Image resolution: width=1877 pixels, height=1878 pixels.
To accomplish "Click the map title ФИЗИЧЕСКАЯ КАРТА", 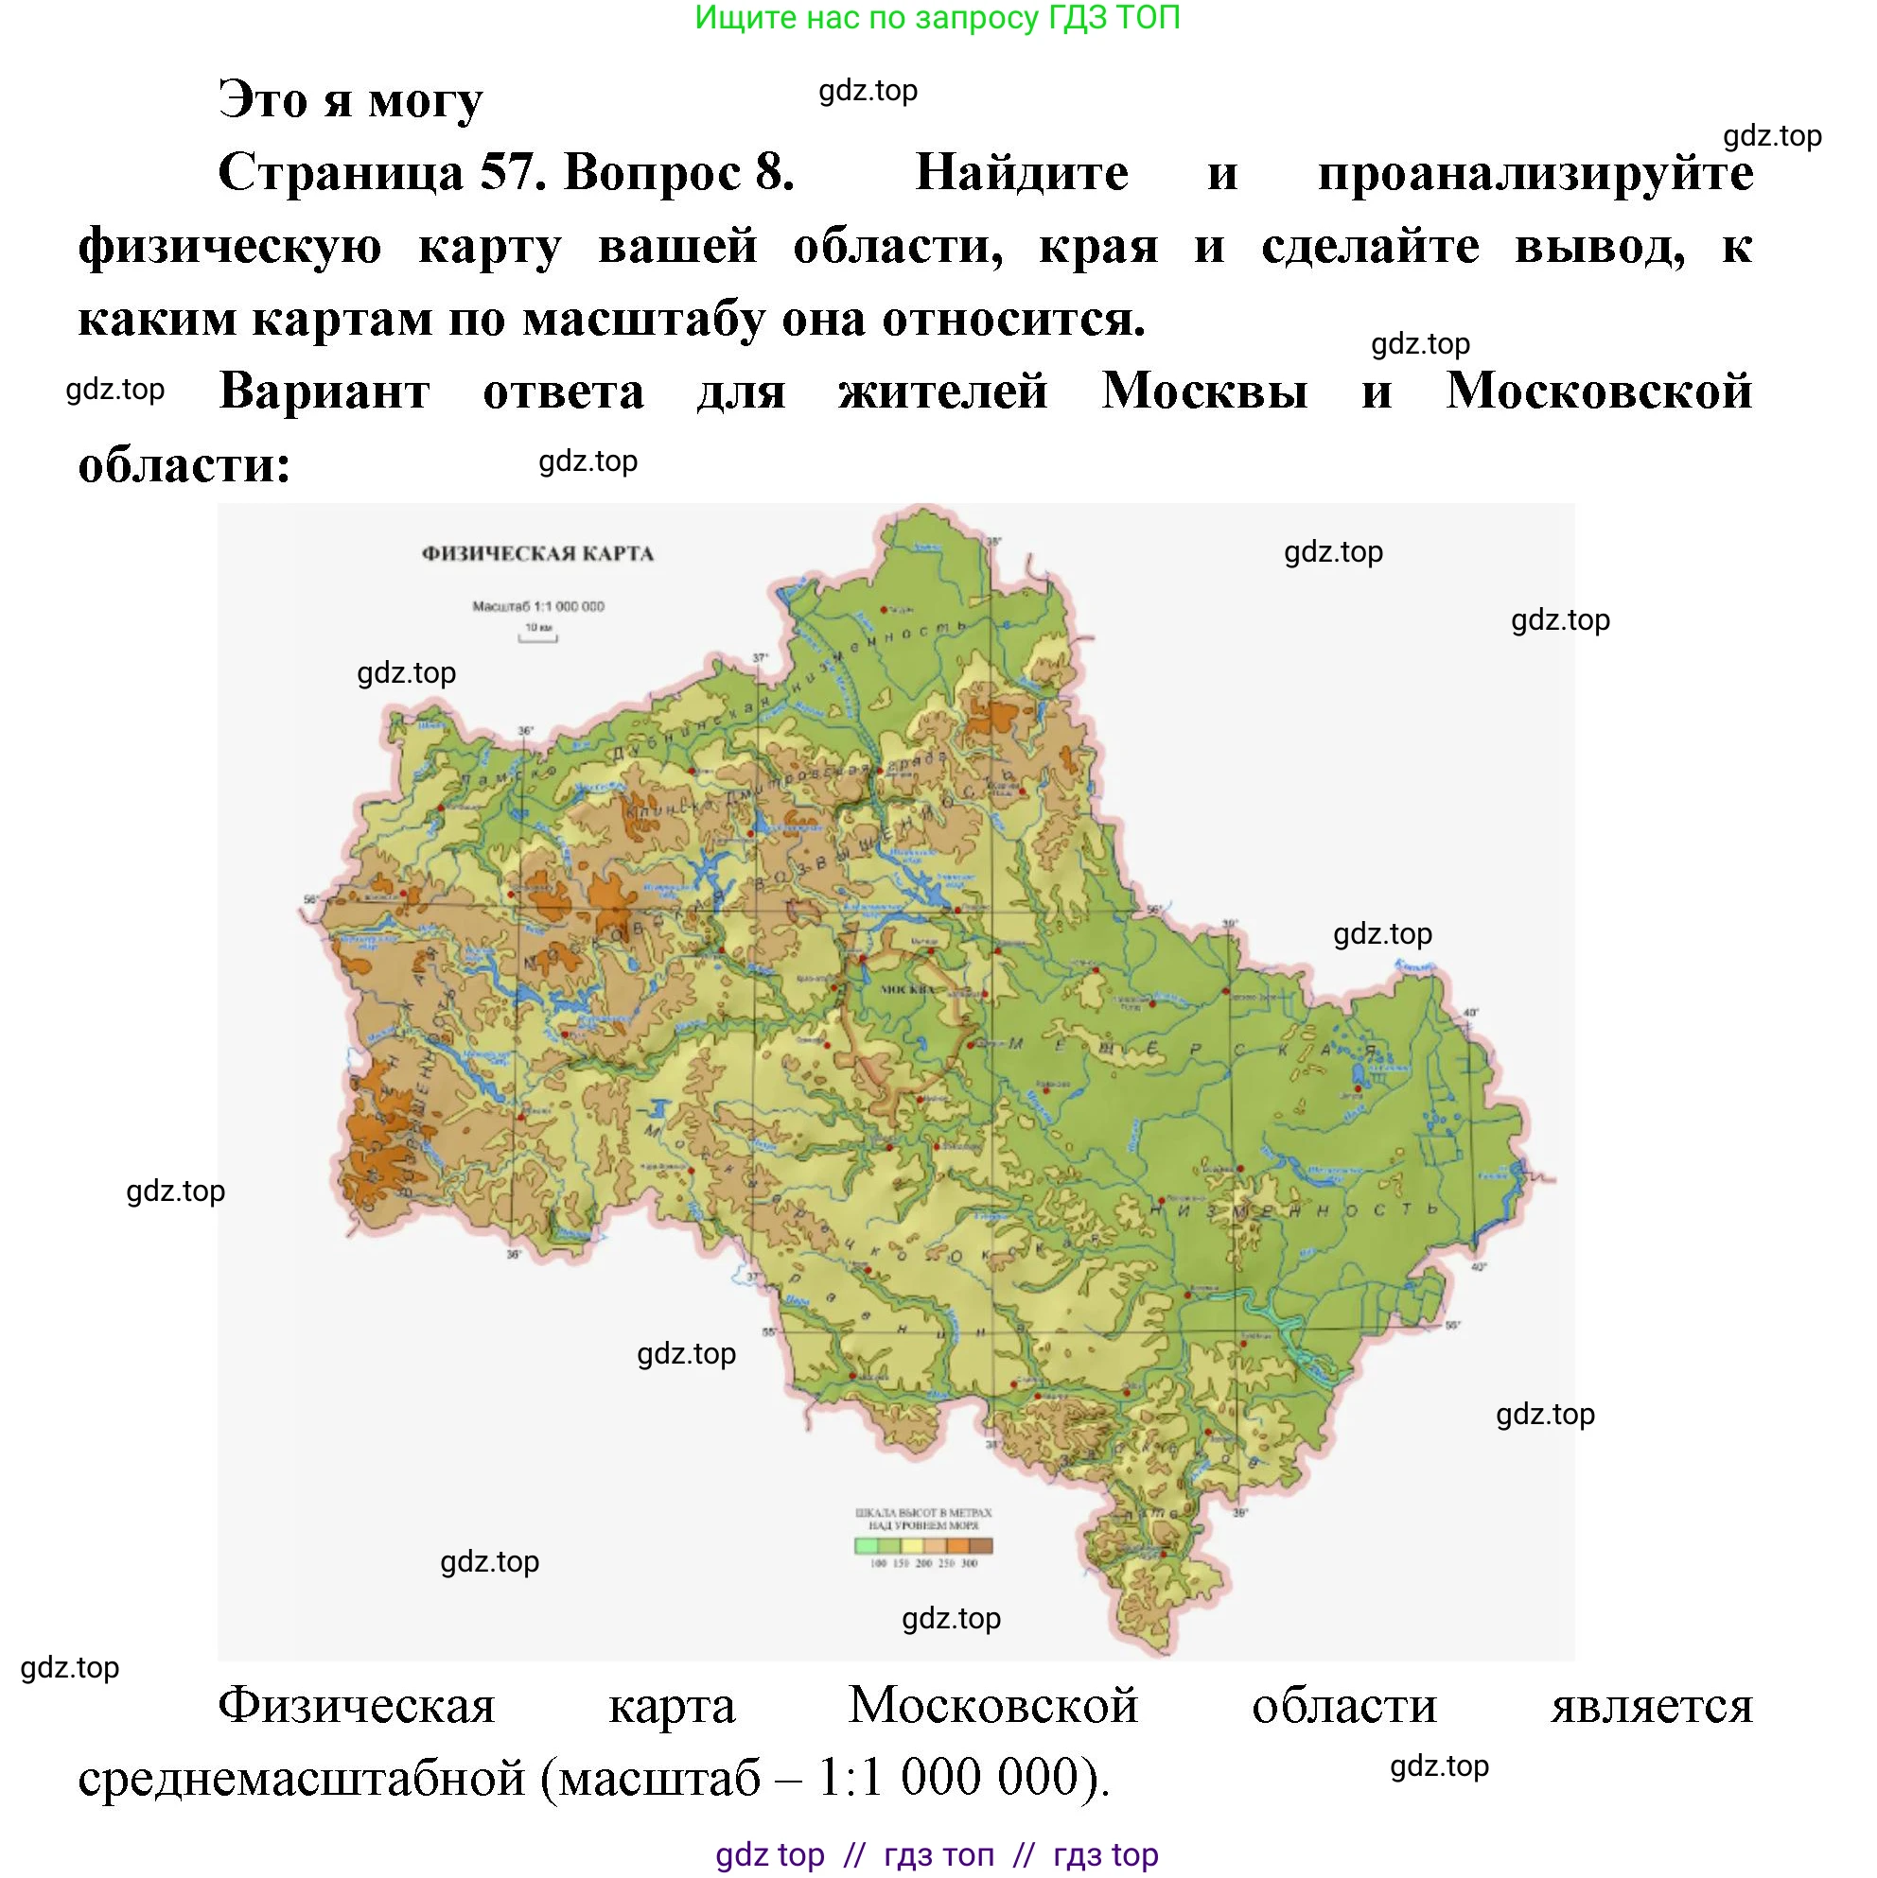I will tap(537, 554).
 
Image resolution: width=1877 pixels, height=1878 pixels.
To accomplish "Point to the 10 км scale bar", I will tap(537, 638).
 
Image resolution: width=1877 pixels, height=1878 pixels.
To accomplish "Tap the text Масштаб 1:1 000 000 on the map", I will tap(537, 606).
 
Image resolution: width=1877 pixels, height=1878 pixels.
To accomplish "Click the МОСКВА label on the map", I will tap(907, 989).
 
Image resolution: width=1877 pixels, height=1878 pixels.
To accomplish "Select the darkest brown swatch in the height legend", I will tap(982, 1546).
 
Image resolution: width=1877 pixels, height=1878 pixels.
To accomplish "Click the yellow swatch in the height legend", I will tap(912, 1546).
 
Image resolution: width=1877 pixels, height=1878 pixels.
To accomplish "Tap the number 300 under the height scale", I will tap(970, 1564).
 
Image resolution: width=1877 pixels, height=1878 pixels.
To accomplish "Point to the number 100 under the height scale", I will tap(878, 1564).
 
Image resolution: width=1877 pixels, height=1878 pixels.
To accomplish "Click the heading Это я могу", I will tap(350, 100).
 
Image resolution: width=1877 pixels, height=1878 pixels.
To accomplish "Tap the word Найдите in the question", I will tap(1022, 173).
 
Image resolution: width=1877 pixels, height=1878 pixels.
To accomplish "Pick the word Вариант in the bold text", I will tap(325, 391).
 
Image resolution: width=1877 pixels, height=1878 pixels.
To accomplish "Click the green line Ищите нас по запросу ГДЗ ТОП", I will tap(938, 18).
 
